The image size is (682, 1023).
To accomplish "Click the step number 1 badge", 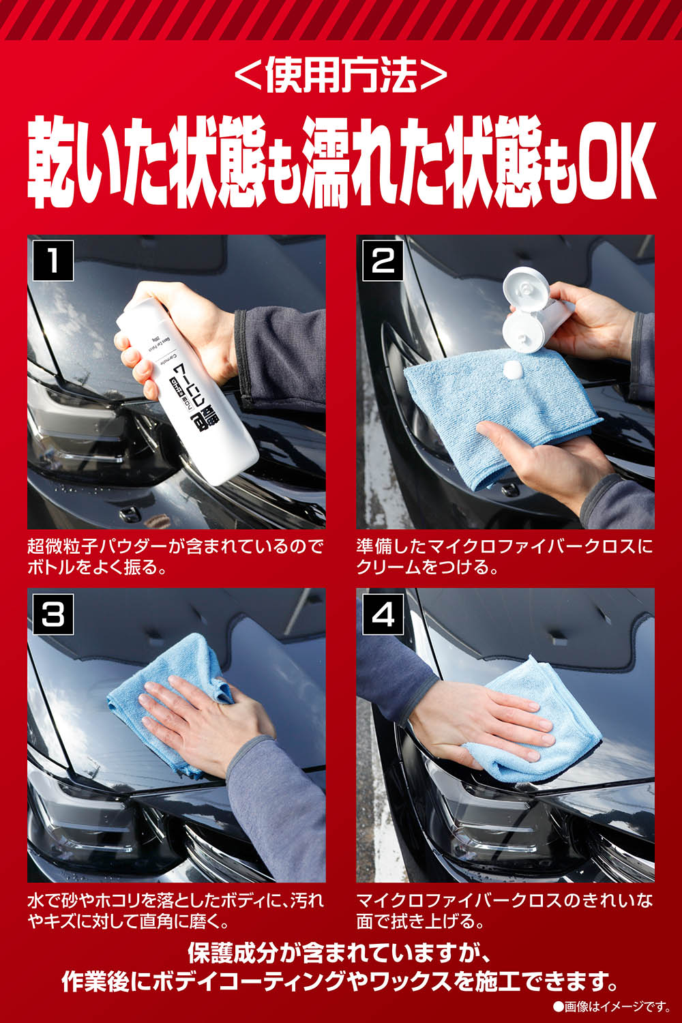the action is pos(53,261).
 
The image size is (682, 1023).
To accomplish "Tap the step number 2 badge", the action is pos(383,261).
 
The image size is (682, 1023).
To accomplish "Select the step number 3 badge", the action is pos(53,614).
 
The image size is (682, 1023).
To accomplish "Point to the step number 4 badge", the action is pos(383,614).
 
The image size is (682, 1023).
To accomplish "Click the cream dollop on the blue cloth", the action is pos(512,368).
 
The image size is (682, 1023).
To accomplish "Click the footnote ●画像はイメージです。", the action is pos(612,1010).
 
